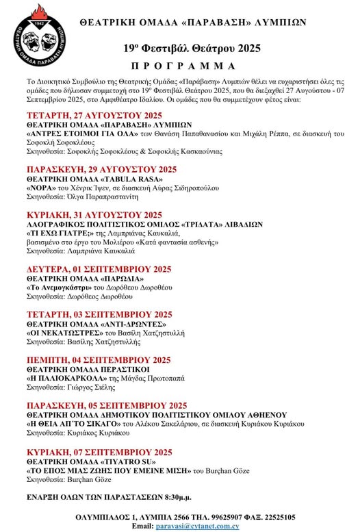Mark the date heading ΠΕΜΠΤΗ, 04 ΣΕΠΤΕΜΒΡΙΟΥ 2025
tap(98, 359)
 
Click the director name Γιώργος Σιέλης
tap(94, 387)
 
